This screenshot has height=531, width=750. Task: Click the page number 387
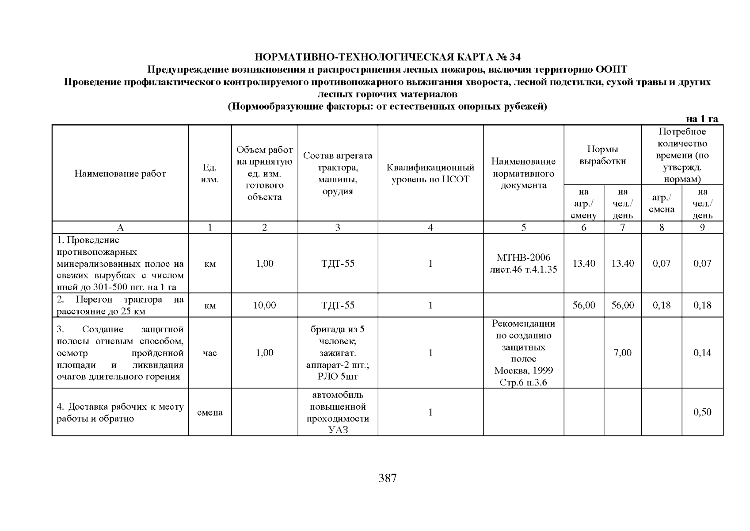[x=387, y=478]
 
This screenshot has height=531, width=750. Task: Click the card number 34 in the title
[x=515, y=57]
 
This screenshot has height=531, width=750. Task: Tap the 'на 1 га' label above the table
[x=701, y=119]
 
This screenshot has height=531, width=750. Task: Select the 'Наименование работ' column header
[x=120, y=173]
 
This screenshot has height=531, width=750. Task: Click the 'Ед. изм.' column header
[x=209, y=173]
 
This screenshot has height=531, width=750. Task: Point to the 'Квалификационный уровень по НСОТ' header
[x=430, y=173]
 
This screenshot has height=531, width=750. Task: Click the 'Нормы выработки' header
[x=602, y=155]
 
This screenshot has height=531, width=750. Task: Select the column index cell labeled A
[x=120, y=227]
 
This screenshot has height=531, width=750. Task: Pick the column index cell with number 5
[x=523, y=227]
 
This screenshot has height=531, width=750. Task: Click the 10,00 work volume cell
[x=264, y=305]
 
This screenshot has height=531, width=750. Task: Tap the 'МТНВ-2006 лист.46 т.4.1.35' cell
[x=523, y=263]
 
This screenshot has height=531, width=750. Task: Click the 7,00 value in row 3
[x=622, y=353]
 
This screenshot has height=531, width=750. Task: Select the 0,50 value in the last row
[x=702, y=412]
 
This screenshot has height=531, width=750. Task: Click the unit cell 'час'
[x=209, y=353]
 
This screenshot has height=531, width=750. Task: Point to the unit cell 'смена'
[x=209, y=412]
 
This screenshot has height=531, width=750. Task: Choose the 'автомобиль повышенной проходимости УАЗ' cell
[x=338, y=412]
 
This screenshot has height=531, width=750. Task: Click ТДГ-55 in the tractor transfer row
[x=338, y=305]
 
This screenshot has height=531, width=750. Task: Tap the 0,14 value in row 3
[x=702, y=353]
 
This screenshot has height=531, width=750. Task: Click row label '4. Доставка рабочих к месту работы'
[x=120, y=412]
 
